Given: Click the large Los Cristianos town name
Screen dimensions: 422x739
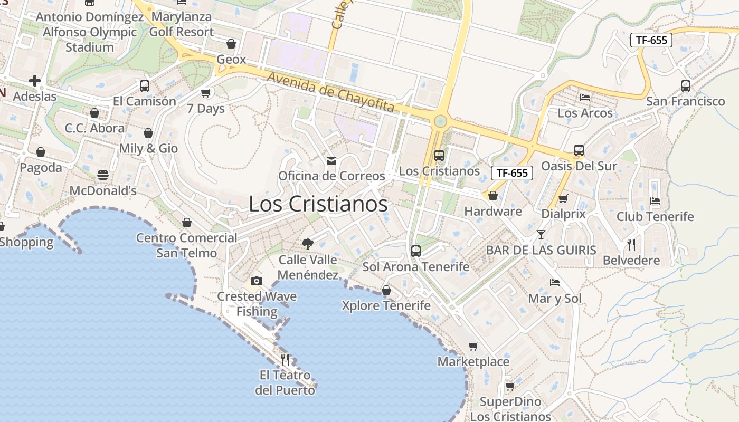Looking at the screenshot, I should click(318, 205).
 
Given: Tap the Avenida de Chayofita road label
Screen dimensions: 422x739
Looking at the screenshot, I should click(330, 92).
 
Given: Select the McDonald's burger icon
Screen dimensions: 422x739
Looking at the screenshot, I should click(103, 175).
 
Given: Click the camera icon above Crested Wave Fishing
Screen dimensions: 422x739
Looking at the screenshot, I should click(257, 281).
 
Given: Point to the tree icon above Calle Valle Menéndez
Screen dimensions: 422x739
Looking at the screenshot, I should click(307, 244).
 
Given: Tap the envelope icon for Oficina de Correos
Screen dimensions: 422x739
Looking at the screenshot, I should click(331, 160).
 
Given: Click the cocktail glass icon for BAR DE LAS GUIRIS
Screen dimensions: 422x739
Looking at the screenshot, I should click(541, 234).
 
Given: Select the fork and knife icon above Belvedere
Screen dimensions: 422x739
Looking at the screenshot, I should click(631, 244).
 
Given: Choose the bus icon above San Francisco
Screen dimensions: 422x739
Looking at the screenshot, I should click(686, 85).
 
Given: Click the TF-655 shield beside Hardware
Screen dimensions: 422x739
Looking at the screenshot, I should click(511, 172).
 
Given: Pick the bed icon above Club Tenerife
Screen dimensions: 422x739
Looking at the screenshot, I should click(655, 201).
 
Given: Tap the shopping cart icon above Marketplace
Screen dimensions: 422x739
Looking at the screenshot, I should click(473, 346).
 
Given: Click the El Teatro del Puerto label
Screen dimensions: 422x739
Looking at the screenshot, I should click(285, 383).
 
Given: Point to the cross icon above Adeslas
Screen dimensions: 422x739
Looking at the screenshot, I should click(35, 81).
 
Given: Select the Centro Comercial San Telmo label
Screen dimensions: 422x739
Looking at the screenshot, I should click(187, 245).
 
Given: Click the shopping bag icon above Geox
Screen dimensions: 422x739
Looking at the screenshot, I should click(231, 44).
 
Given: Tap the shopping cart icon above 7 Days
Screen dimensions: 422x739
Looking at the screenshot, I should click(206, 93).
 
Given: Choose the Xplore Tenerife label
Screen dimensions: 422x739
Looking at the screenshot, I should click(386, 305).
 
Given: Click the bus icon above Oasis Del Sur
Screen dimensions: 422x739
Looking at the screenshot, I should click(579, 150).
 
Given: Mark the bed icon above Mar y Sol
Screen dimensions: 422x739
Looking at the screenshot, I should click(555, 283).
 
